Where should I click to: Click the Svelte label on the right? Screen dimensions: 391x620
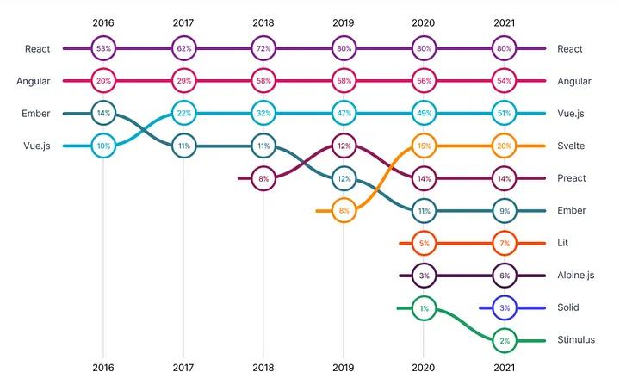571,146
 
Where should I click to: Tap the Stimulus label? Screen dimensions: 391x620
575,340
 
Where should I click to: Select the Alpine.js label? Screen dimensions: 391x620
576,276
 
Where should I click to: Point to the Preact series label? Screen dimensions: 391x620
572,178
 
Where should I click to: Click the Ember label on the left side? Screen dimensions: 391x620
35,113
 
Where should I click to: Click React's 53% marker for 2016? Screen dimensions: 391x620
103,49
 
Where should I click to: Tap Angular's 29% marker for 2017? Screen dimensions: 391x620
183,81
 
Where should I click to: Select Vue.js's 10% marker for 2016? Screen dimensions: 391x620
103,146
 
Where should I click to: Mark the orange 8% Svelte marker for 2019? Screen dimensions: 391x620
344,210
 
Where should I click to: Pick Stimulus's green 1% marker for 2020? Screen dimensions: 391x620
424,308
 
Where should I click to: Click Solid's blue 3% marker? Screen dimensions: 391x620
505,307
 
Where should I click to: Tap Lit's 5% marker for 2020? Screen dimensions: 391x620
424,244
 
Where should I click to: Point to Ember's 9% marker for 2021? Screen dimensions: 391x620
505,211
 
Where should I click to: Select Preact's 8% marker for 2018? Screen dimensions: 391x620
263,178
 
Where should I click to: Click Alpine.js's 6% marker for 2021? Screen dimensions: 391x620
505,276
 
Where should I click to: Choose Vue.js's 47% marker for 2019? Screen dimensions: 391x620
344,113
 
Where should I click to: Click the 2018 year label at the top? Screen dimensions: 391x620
263,22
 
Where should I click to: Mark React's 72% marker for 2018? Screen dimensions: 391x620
263,49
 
